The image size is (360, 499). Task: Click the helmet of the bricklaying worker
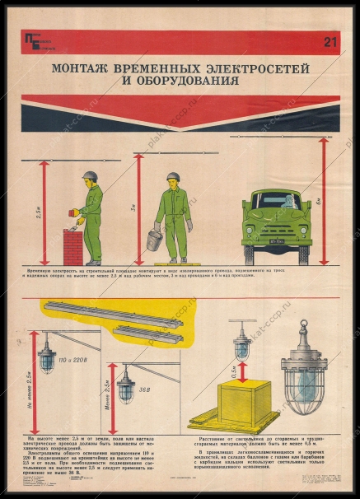90,176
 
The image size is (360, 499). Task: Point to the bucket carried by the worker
154,238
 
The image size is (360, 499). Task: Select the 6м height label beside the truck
330,199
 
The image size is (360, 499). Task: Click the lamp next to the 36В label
126,386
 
